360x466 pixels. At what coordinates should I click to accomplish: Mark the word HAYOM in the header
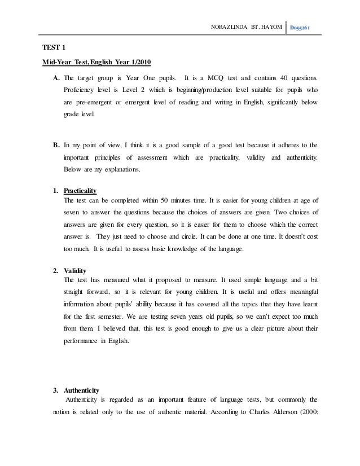[x=270, y=26]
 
